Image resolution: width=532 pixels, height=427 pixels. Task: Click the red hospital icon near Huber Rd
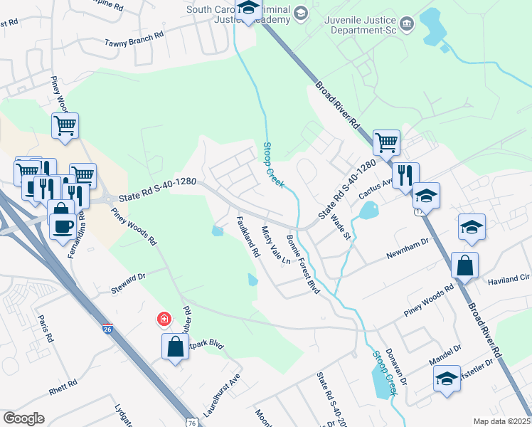[164, 320]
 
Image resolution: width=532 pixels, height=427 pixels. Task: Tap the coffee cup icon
[63, 225]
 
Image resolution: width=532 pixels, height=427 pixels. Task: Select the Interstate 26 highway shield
[107, 330]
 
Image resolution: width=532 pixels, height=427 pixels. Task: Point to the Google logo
[23, 418]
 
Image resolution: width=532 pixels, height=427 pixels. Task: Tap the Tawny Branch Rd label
[134, 38]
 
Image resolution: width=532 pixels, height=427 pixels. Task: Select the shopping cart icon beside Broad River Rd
[386, 142]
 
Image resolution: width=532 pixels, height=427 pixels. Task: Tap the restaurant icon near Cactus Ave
[405, 174]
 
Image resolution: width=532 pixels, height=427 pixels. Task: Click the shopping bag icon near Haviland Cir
[464, 265]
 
